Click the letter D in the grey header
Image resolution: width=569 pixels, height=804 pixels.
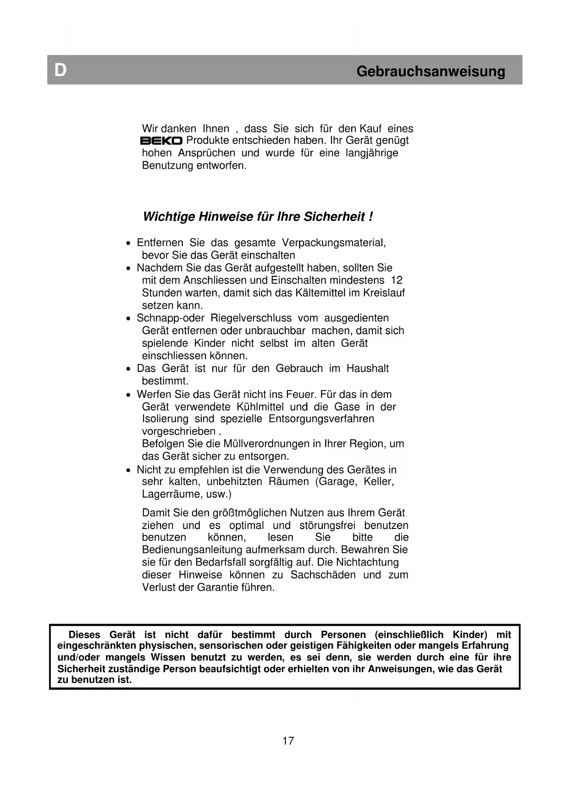click(x=61, y=71)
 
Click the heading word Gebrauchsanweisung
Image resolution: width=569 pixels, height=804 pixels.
click(x=431, y=72)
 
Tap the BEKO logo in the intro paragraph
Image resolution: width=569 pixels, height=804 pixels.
click(x=161, y=141)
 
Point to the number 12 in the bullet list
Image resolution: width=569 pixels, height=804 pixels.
click(x=397, y=280)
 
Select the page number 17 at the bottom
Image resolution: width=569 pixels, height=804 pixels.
click(x=288, y=741)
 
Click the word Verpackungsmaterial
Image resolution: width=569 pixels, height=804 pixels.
click(x=333, y=242)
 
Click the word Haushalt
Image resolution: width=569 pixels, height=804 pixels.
click(x=367, y=369)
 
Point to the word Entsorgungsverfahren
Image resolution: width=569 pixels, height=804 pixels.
click(x=321, y=419)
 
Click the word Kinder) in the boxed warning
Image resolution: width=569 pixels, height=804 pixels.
click(x=470, y=635)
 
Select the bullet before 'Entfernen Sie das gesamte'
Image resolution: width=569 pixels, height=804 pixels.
click(x=129, y=243)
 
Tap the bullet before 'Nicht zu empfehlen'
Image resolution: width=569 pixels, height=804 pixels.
click(x=129, y=470)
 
